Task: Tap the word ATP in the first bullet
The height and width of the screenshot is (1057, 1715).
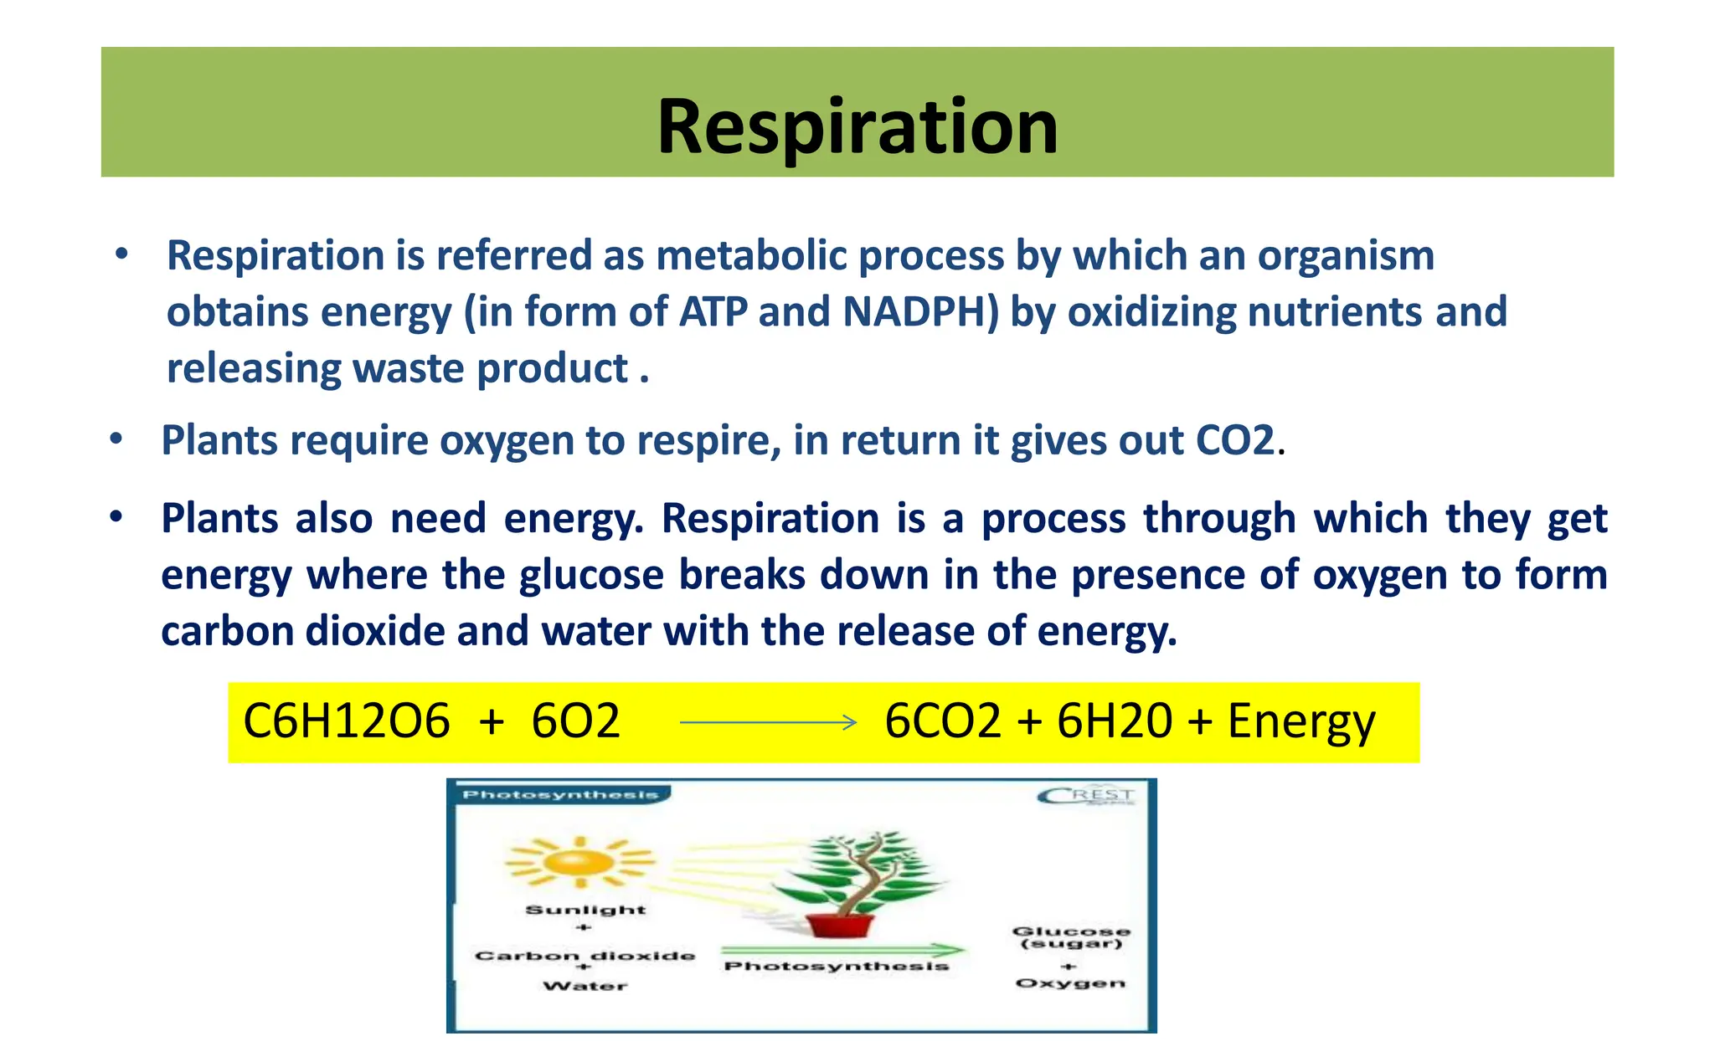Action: click(713, 312)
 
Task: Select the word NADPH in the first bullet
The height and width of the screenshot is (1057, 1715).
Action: click(920, 312)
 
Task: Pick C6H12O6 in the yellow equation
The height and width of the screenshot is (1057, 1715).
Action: click(346, 721)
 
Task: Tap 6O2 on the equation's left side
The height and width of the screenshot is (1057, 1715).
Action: click(575, 721)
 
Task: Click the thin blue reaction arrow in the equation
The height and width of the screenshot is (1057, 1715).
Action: click(768, 722)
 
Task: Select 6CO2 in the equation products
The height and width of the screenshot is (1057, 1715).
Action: click(942, 721)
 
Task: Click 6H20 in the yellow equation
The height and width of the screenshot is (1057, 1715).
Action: click(1114, 721)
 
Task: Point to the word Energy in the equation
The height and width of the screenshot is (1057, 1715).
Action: click(1300, 721)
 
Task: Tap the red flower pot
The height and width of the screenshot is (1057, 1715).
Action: click(840, 925)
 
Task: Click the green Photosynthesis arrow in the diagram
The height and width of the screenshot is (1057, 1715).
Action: click(842, 950)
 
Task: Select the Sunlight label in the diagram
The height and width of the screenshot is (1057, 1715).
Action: click(585, 910)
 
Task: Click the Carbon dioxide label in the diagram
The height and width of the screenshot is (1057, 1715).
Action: click(585, 956)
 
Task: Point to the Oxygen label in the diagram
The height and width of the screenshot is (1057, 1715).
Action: click(1070, 983)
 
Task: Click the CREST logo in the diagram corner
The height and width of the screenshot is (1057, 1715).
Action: click(1086, 795)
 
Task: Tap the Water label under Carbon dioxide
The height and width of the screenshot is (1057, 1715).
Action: click(585, 987)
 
